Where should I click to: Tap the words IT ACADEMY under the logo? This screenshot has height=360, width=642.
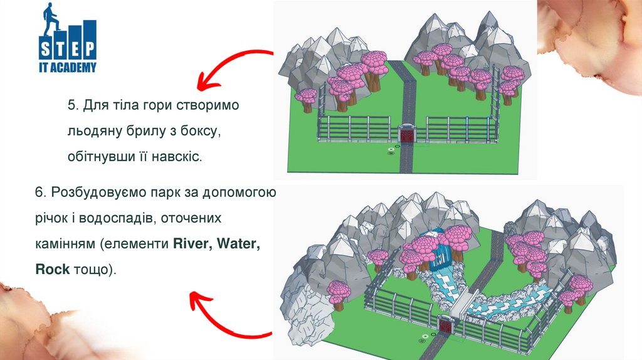(x=68, y=68)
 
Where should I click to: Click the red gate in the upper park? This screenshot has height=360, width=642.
(x=407, y=134)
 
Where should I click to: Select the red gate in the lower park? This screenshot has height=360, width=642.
(x=446, y=326)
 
